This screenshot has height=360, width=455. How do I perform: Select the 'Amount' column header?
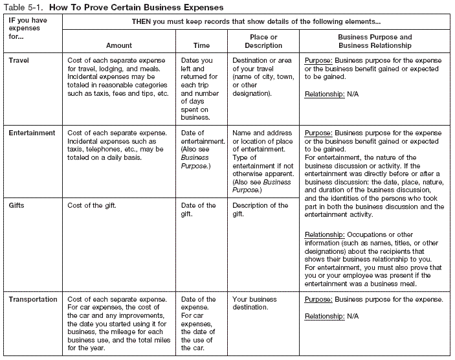(118, 45)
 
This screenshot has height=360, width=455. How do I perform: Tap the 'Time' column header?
(202, 45)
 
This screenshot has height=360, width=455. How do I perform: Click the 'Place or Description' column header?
(263, 41)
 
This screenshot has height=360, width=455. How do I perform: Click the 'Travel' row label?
(20, 60)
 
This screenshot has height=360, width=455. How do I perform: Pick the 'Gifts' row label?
(18, 205)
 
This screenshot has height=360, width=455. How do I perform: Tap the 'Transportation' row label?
(34, 300)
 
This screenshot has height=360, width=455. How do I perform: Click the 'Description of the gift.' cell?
(260, 209)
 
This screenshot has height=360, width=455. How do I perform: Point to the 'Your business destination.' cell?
(254, 304)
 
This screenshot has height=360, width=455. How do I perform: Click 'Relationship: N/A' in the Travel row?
(332, 94)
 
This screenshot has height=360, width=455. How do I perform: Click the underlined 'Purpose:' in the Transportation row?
(318, 300)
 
